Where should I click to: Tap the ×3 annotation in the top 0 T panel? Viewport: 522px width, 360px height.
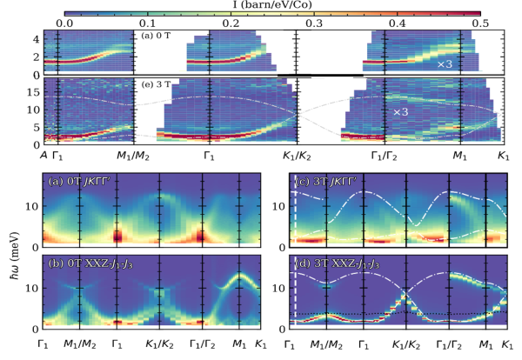(x=445, y=64)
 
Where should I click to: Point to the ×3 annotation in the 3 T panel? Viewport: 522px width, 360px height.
(x=400, y=112)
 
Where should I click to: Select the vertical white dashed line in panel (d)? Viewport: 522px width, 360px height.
(x=296, y=296)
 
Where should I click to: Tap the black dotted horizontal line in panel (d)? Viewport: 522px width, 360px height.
(x=435, y=313)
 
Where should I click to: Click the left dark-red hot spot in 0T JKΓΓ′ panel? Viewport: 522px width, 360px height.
(x=117, y=236)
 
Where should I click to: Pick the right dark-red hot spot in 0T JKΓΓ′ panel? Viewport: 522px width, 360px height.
(x=201, y=236)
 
